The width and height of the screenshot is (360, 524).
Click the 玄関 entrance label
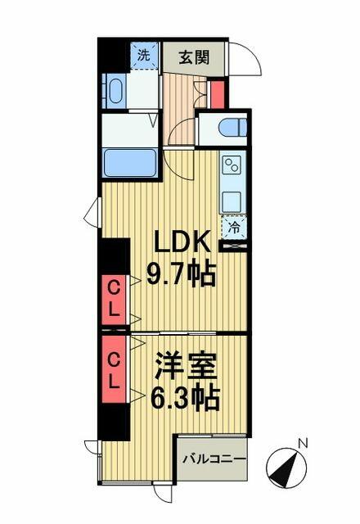click(194, 57)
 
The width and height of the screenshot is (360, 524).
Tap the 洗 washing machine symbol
click(144, 56)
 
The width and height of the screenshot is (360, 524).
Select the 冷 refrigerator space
click(234, 228)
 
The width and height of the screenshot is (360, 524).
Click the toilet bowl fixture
click(232, 128)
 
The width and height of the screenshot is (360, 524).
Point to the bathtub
click(130, 163)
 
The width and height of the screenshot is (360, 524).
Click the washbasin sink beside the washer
click(116, 91)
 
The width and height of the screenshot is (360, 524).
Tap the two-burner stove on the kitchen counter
click(232, 165)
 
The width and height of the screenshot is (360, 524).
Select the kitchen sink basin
click(232, 201)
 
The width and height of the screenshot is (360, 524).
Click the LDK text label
click(182, 242)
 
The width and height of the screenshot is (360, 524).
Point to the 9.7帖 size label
click(181, 273)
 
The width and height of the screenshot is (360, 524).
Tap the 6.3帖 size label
click(185, 398)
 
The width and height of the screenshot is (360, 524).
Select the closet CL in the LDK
click(114, 300)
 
